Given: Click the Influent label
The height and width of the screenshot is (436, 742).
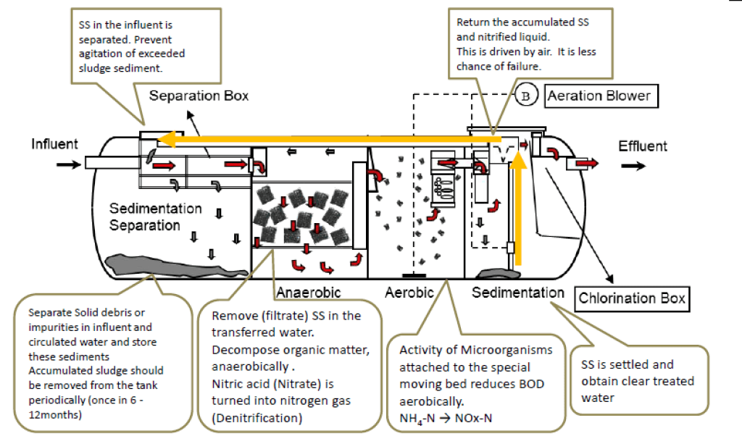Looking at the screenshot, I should click(x=54, y=144).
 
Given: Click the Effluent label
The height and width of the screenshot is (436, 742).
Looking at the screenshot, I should click(x=643, y=146).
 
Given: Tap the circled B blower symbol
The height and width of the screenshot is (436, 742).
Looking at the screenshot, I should click(x=527, y=96).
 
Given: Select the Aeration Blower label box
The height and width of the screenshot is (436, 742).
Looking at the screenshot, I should click(x=599, y=96).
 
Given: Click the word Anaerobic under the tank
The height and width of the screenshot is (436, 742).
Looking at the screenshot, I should click(x=308, y=293).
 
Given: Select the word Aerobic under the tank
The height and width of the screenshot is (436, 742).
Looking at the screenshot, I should click(x=409, y=293).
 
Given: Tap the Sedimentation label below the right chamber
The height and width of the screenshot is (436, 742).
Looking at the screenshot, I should click(x=517, y=293).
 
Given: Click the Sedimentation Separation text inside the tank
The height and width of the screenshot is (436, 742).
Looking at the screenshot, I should click(x=155, y=217).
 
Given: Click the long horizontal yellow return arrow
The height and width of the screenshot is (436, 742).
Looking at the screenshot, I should click(x=326, y=138).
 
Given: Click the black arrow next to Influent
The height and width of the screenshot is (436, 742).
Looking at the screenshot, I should click(x=65, y=164).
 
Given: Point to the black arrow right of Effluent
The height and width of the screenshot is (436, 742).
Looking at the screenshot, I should click(x=635, y=166).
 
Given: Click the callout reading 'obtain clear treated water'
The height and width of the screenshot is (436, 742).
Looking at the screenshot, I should click(x=638, y=380).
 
